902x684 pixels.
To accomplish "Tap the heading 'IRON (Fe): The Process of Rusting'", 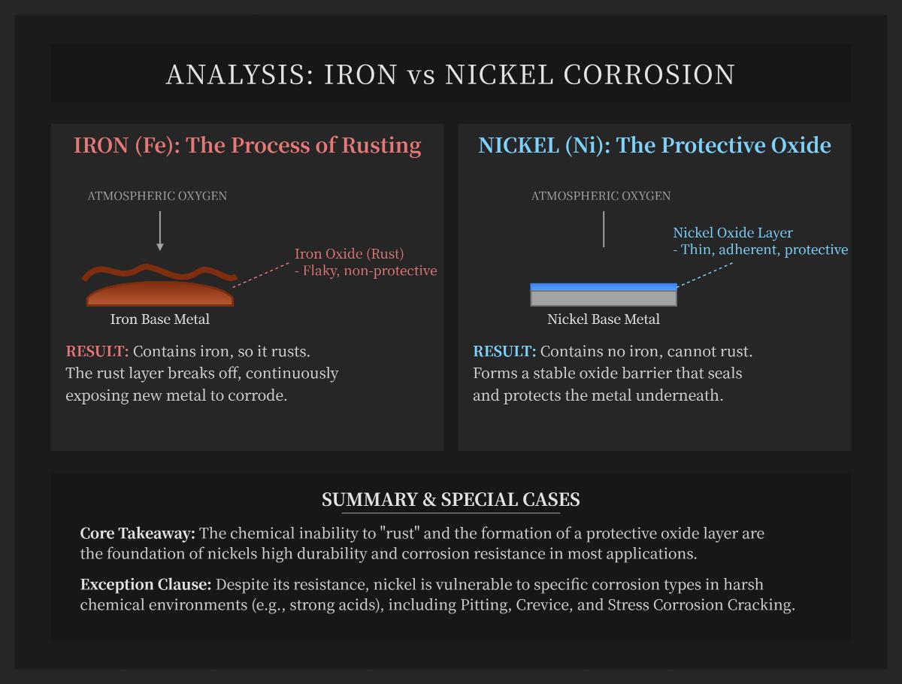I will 247,145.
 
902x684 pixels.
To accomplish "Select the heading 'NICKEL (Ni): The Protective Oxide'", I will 655,145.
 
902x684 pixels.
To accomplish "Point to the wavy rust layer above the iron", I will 159,271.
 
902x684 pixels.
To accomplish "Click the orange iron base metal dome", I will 159,295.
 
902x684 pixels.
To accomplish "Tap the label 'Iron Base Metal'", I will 159,319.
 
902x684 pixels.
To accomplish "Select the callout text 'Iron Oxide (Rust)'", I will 349,254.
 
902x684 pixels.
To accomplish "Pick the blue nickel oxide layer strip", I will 604,286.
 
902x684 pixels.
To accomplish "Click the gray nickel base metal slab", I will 604,298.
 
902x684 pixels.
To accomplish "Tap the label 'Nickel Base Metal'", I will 604,319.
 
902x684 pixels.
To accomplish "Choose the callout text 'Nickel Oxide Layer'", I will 733,233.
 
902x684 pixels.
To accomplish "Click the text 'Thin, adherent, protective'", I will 764,250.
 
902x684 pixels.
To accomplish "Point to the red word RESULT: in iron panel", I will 98,351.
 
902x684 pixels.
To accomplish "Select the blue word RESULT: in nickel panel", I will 504,351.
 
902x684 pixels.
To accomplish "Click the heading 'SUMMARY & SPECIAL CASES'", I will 451,500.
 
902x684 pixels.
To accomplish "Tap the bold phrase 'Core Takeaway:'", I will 138,534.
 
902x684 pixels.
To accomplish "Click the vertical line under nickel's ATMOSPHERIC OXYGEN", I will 604,229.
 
